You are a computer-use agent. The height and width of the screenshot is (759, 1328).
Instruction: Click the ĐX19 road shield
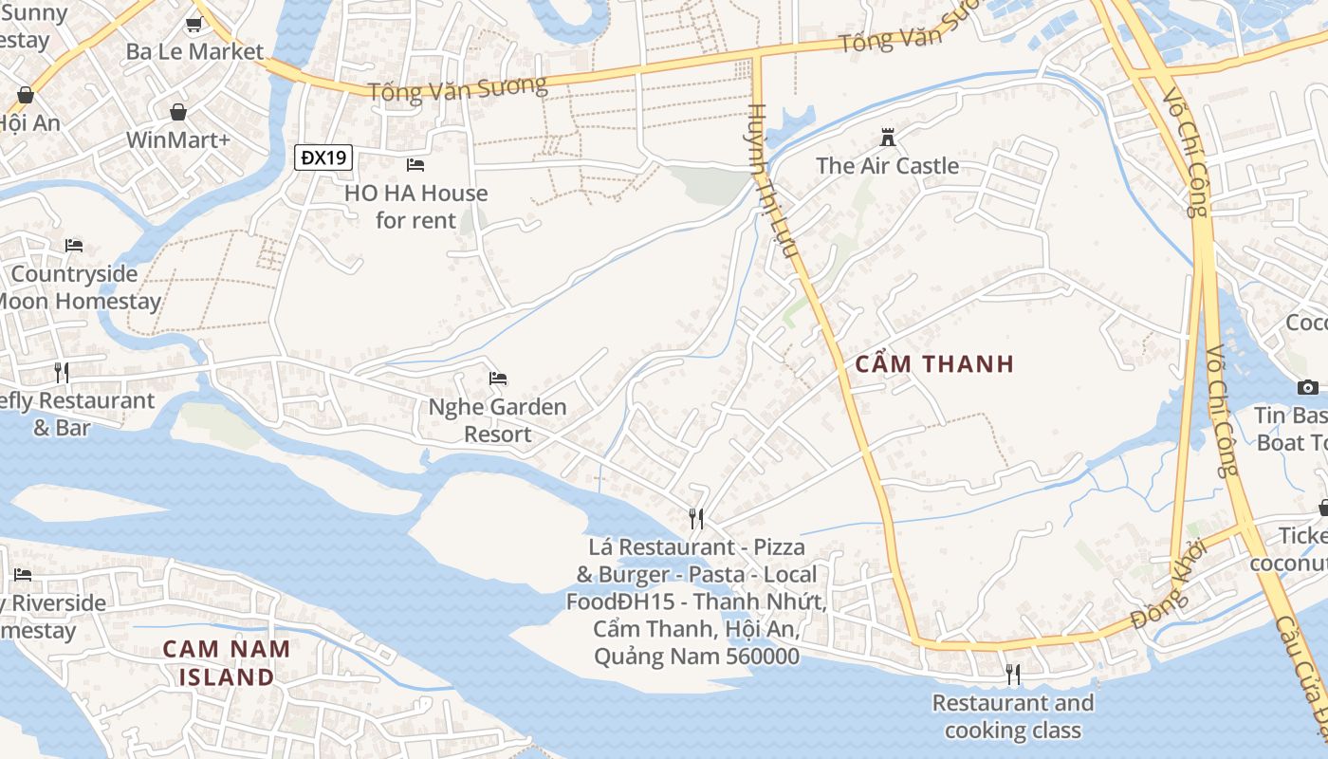pyautogui.click(x=323, y=157)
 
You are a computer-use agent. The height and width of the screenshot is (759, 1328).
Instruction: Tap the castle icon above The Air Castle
pyautogui.click(x=888, y=137)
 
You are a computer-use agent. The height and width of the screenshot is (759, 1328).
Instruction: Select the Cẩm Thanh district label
pyautogui.click(x=934, y=364)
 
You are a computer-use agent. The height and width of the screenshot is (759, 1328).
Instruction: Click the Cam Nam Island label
pyautogui.click(x=226, y=662)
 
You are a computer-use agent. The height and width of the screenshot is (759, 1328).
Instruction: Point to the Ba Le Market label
pyautogui.click(x=194, y=51)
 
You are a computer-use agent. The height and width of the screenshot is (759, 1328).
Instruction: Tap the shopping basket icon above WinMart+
pyautogui.click(x=178, y=113)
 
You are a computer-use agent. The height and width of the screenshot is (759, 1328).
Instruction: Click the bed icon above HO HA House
pyautogui.click(x=415, y=165)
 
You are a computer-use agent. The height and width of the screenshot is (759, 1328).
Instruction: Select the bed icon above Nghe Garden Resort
pyautogui.click(x=498, y=379)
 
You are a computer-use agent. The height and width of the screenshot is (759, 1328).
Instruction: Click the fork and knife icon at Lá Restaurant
pyautogui.click(x=696, y=518)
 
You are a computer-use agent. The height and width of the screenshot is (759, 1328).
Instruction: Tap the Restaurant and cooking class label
pyautogui.click(x=1013, y=716)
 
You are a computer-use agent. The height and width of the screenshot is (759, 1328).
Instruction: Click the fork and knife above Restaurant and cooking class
pyautogui.click(x=1013, y=675)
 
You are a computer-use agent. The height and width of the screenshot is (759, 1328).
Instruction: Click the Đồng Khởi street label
pyautogui.click(x=1169, y=585)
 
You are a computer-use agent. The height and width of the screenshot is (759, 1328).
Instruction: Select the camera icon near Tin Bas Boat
pyautogui.click(x=1307, y=387)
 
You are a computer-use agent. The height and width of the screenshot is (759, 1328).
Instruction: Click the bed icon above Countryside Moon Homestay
pyautogui.click(x=74, y=246)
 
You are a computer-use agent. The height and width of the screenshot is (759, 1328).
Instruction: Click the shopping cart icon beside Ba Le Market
pyautogui.click(x=194, y=25)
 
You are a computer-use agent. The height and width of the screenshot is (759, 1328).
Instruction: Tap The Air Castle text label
pyautogui.click(x=888, y=166)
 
